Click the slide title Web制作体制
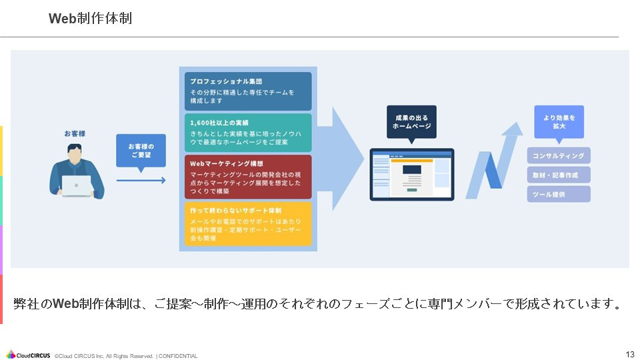point(90,19)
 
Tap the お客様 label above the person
point(75,133)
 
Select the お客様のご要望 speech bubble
point(141,151)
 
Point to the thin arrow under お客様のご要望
point(141,180)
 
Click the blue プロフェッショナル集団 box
point(248,91)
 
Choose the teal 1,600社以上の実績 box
point(248,132)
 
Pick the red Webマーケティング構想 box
point(248,177)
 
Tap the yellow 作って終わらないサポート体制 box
point(248,223)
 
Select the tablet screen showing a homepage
point(412,174)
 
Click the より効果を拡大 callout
point(559,122)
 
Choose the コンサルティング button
point(559,156)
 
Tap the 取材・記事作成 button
point(559,175)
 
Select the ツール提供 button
point(559,194)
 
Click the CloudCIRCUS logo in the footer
point(29,355)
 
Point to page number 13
point(630,354)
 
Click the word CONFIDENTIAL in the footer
point(178,356)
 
